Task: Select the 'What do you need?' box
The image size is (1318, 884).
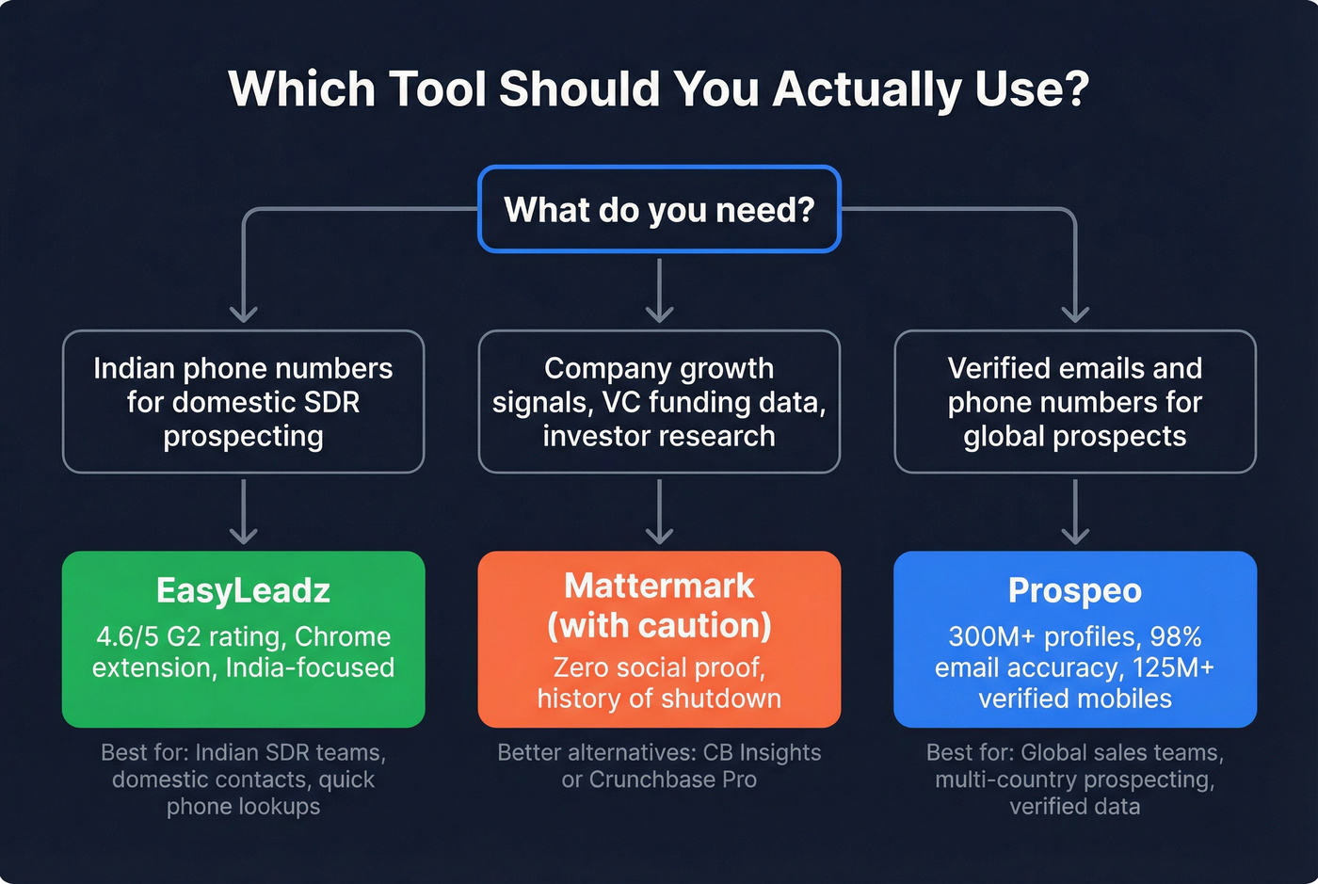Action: pos(659,209)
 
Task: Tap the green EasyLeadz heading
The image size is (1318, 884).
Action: pos(243,590)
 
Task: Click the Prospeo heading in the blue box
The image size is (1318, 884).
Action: pos(1074,590)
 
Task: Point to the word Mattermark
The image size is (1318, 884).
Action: pos(659,586)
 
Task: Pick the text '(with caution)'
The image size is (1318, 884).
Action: pos(659,625)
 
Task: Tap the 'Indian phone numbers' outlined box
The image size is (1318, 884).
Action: pos(243,402)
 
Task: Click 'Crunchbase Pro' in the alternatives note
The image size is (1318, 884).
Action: pos(672,780)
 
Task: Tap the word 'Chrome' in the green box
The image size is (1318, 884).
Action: pos(342,636)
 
